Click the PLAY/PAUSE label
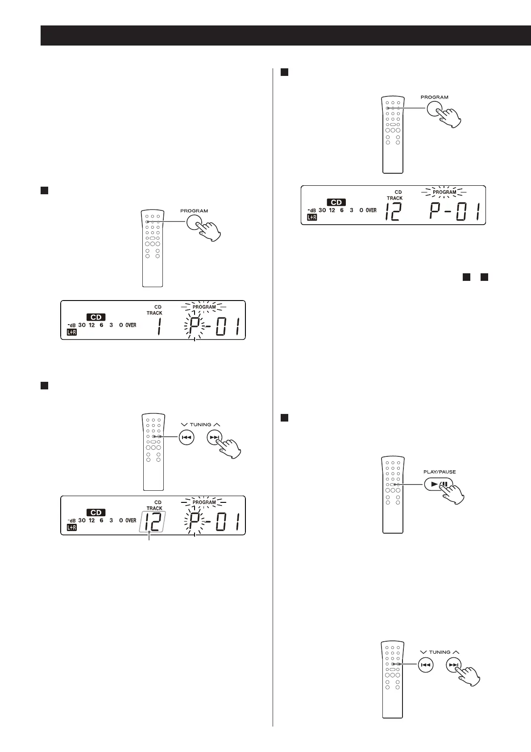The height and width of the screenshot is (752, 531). click(439, 472)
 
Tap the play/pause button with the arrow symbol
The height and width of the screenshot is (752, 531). click(438, 484)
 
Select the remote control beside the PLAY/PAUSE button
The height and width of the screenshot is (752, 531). click(393, 494)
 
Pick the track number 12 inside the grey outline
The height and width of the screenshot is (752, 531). click(152, 521)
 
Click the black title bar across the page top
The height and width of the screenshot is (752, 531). click(286, 35)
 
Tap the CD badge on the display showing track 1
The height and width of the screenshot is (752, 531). click(96, 317)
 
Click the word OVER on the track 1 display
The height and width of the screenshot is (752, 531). click(131, 325)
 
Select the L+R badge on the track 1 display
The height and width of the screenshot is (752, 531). click(71, 332)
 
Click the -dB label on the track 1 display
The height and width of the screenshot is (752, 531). click(71, 325)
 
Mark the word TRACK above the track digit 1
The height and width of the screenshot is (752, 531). click(154, 313)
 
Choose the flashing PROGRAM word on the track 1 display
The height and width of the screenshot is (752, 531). click(204, 307)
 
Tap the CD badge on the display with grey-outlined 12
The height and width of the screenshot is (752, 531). click(96, 512)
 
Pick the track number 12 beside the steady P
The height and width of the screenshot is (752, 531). click(393, 213)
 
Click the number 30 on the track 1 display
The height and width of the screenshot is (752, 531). click(82, 325)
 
